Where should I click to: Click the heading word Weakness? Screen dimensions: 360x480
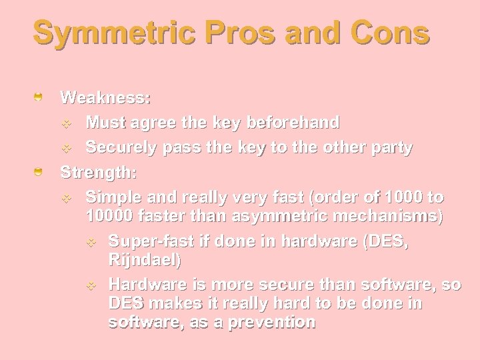pos(105,98)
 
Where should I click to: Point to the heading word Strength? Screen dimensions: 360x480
pos(99,173)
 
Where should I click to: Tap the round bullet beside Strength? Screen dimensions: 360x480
pos(39,173)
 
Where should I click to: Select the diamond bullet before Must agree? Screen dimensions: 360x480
pos(65,123)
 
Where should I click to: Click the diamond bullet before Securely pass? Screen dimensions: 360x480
pos(65,148)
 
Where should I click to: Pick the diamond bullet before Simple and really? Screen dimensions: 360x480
pos(65,198)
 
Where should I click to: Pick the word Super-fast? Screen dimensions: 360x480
pos(149,241)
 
